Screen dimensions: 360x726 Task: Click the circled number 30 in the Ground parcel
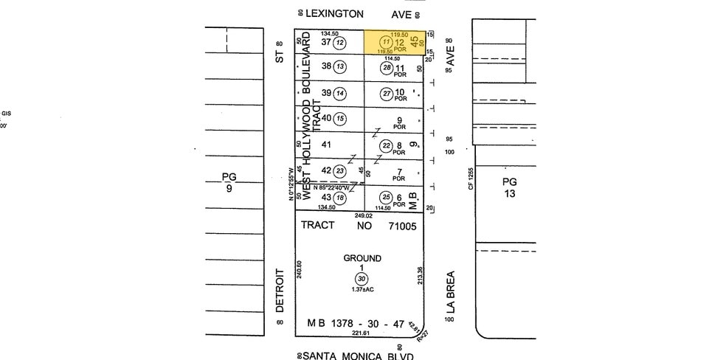[362, 278]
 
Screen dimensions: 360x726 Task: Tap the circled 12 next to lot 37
[339, 43]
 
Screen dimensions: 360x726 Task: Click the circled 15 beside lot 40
[340, 118]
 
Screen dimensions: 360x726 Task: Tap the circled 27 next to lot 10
[386, 93]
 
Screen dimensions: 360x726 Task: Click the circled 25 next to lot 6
[386, 197]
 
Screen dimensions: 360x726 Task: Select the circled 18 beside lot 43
[340, 197]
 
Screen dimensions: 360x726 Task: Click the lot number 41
[325, 145]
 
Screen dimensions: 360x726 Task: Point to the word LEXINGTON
[335, 13]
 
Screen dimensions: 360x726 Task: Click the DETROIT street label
[280, 291]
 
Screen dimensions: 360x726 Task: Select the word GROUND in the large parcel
[362, 258]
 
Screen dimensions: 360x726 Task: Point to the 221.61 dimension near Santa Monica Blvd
[361, 333]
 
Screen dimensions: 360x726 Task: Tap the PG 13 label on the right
[509, 187]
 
